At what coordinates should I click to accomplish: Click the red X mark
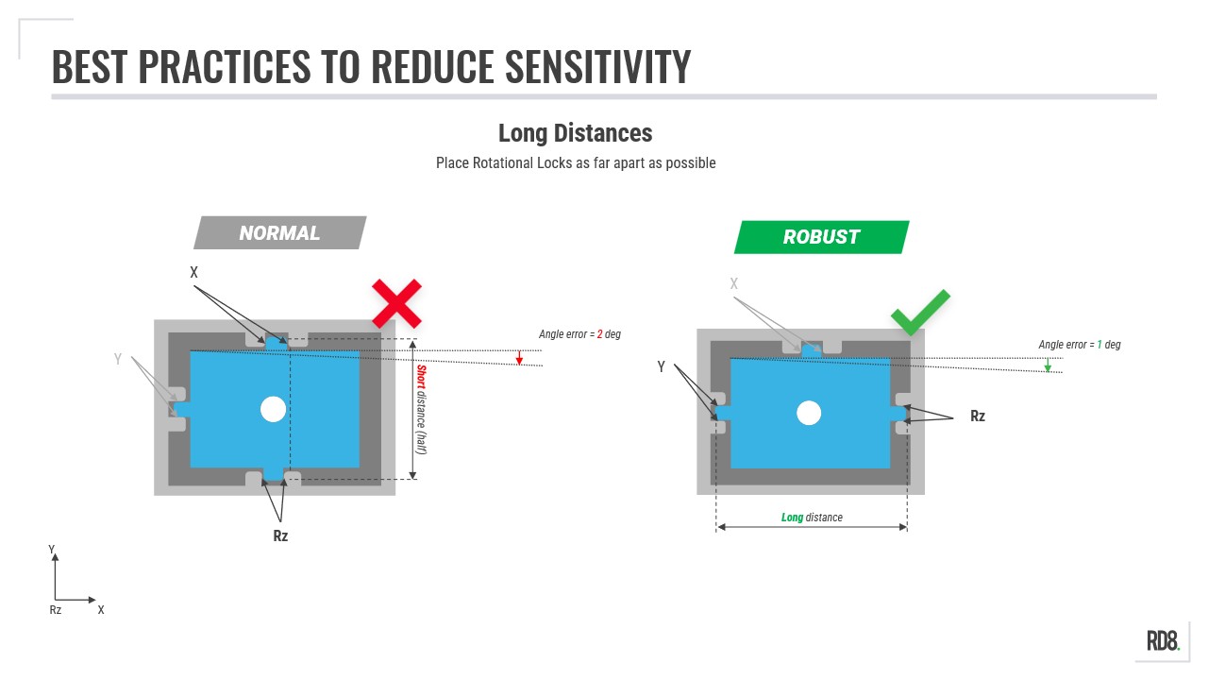tap(396, 304)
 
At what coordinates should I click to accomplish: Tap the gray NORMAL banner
tap(280, 232)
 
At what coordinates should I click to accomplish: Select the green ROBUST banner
tap(821, 237)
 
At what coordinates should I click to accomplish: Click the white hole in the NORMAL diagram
tap(273, 409)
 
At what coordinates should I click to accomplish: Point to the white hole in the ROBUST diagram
tap(809, 413)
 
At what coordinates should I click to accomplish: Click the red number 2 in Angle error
tap(599, 334)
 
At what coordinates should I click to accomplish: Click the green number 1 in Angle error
tap(1099, 345)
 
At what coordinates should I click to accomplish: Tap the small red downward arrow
tap(519, 357)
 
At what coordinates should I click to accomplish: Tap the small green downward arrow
tap(1048, 365)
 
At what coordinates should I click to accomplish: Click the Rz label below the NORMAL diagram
tap(280, 535)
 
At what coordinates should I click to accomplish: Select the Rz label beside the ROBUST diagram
tap(977, 416)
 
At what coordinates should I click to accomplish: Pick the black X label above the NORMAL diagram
tap(193, 272)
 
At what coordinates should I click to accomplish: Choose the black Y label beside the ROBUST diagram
tap(662, 367)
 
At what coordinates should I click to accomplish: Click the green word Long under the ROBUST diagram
tap(792, 517)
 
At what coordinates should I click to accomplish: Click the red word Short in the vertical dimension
tap(421, 377)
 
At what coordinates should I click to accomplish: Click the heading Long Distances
tap(575, 133)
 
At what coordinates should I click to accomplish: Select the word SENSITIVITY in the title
tap(597, 66)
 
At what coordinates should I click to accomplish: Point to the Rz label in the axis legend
tap(55, 610)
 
